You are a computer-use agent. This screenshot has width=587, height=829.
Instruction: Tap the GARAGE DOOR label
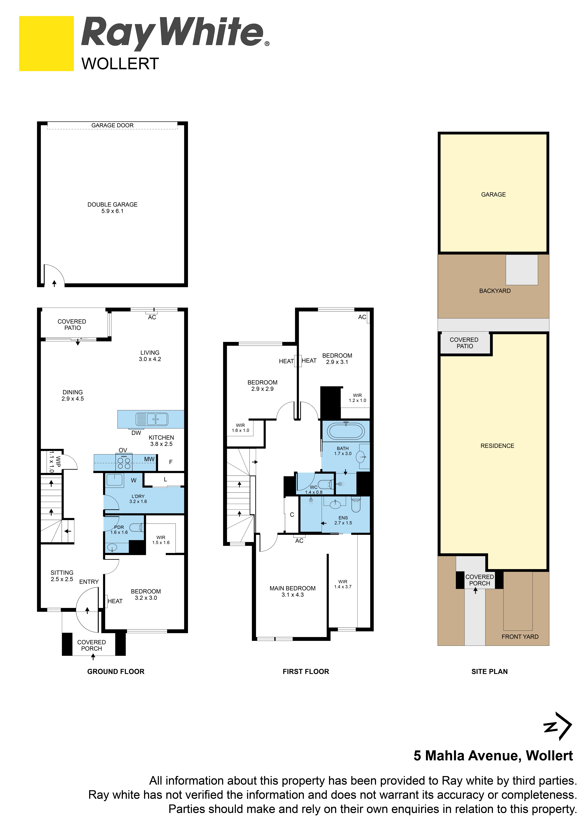click(112, 125)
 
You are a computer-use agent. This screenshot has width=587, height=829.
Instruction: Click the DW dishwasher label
click(136, 433)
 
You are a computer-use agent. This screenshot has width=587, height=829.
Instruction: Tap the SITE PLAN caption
click(489, 672)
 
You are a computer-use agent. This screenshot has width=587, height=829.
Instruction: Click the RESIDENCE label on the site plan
click(497, 446)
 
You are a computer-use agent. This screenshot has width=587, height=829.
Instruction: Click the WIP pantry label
click(58, 461)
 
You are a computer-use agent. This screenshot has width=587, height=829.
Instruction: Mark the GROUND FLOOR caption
click(116, 672)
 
